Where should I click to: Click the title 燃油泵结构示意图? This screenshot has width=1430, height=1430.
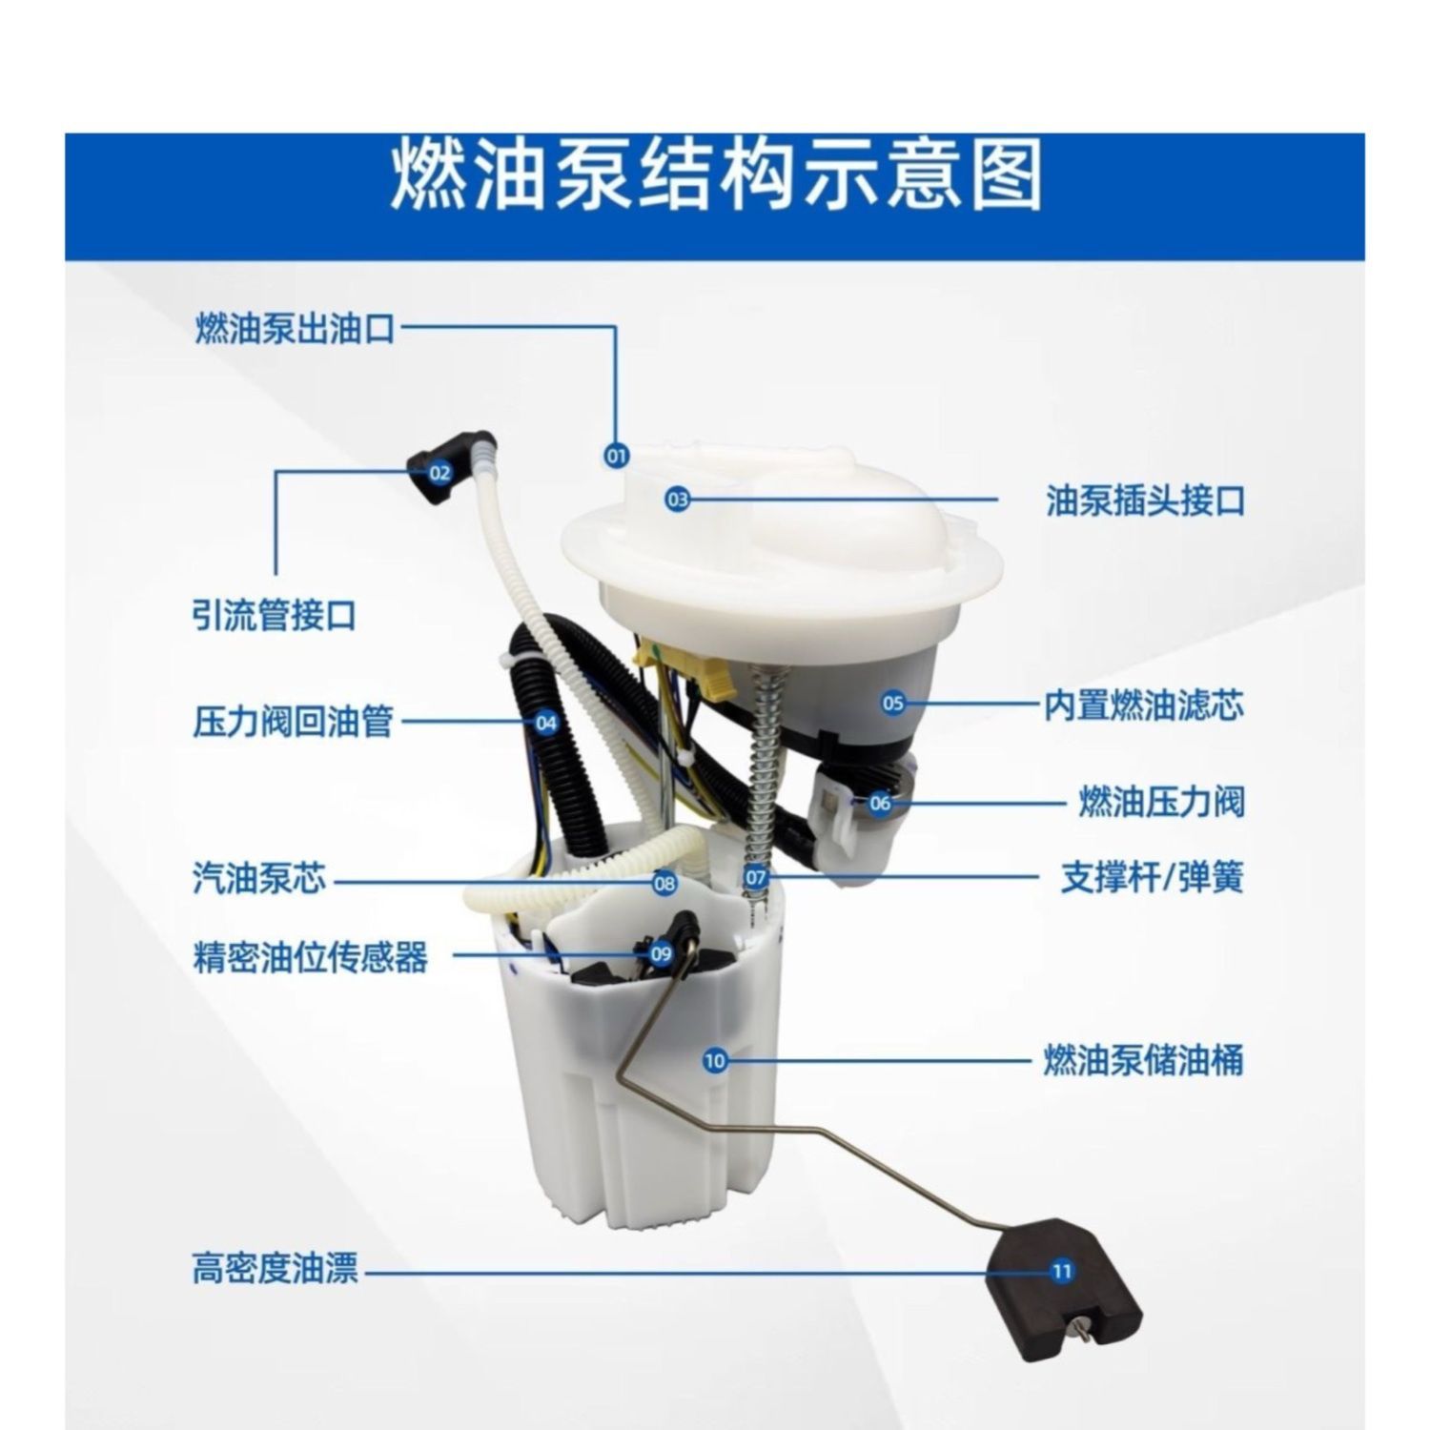(x=715, y=175)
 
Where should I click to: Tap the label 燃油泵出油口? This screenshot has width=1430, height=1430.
(x=295, y=329)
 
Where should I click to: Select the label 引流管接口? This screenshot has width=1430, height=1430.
(x=275, y=615)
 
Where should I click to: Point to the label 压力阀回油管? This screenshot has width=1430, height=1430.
(x=293, y=722)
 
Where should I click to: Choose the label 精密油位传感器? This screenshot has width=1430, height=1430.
(x=311, y=957)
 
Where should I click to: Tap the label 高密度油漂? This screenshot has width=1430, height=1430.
(x=276, y=1270)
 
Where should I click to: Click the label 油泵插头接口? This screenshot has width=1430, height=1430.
(x=1146, y=500)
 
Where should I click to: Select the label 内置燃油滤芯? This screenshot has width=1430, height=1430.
(x=1144, y=706)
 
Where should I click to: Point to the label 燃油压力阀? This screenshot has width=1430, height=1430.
(x=1161, y=802)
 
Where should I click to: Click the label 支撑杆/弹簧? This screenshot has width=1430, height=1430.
(x=1153, y=877)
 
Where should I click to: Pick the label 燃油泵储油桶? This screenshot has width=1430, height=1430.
(x=1144, y=1060)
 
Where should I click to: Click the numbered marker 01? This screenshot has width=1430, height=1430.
(x=618, y=456)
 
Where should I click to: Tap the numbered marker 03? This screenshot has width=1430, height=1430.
(x=677, y=498)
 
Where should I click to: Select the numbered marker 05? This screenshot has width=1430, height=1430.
(x=893, y=704)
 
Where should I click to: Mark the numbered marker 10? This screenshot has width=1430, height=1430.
(x=715, y=1060)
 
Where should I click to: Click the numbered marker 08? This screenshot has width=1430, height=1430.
(x=664, y=883)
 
